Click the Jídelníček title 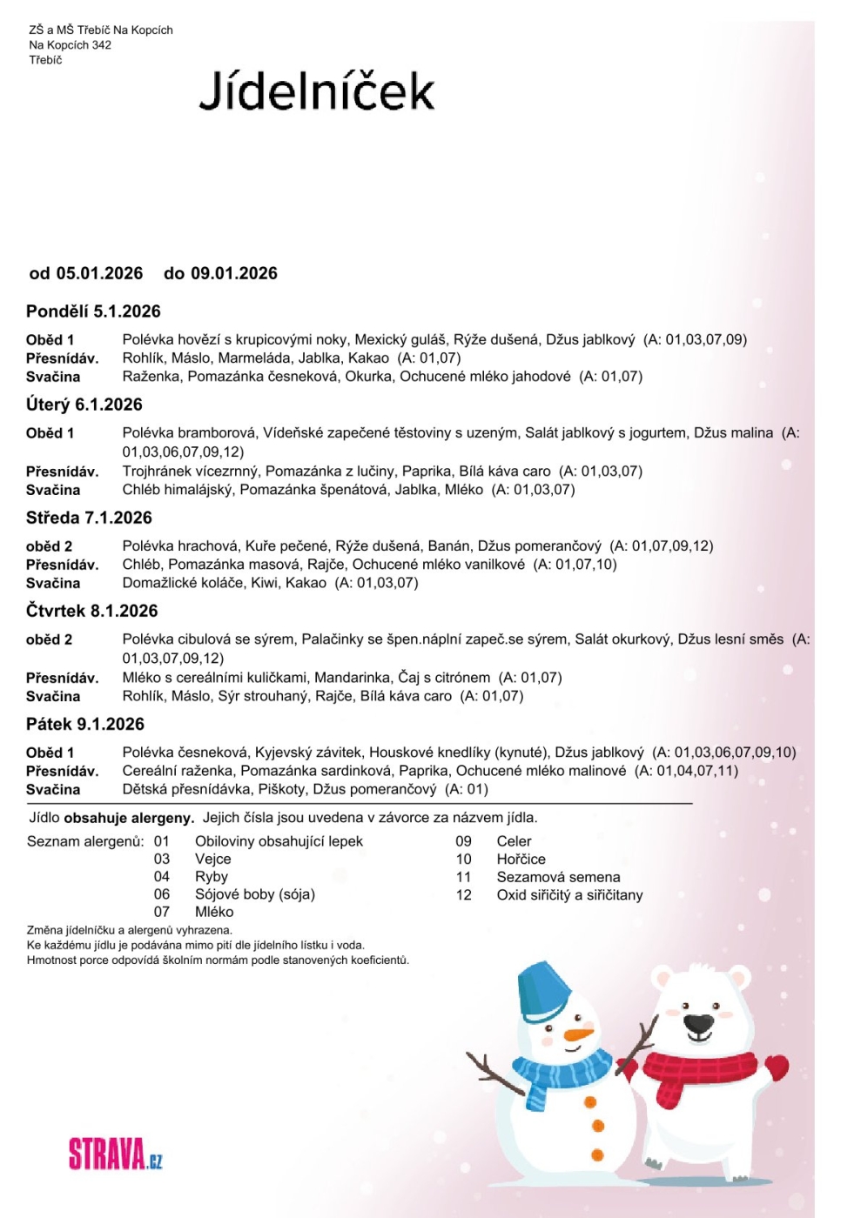pyautogui.click(x=316, y=91)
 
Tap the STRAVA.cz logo pyautogui.click(x=115, y=1154)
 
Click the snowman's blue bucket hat pyautogui.click(x=544, y=992)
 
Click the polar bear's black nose pyautogui.click(x=698, y=1022)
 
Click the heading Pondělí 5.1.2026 pyautogui.click(x=93, y=311)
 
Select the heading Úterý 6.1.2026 pyautogui.click(x=84, y=405)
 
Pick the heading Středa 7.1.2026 pyautogui.click(x=89, y=518)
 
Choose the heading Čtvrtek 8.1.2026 pyautogui.click(x=91, y=611)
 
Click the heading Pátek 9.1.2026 pyautogui.click(x=85, y=724)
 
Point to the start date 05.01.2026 pyautogui.click(x=99, y=273)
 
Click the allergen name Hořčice pyautogui.click(x=521, y=859)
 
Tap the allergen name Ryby pyautogui.click(x=212, y=876)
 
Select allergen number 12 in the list pyautogui.click(x=463, y=894)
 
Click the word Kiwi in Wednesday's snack pyautogui.click(x=265, y=583)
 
